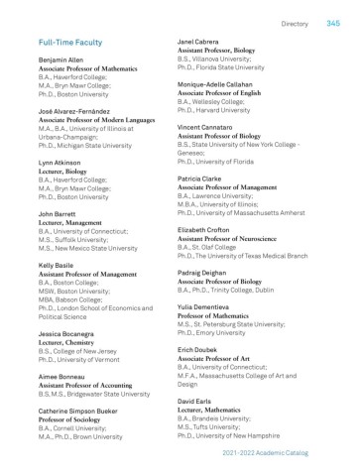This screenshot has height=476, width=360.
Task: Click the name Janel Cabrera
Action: click(198, 43)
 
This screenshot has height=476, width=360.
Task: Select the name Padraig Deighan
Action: click(206, 269)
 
